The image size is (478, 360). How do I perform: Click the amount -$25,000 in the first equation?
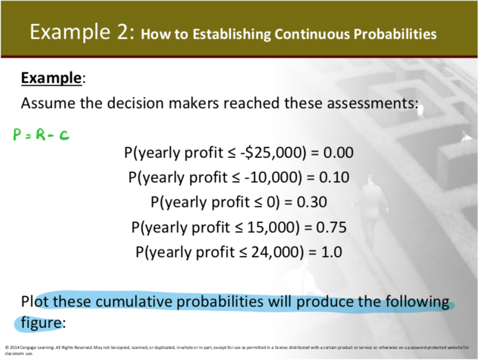pos(272,152)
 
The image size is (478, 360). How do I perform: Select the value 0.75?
pos(331,227)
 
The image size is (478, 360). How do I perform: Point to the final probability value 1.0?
pos(331,252)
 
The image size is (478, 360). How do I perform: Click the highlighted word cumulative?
pos(145,301)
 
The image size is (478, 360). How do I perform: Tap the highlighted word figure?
pos(41,322)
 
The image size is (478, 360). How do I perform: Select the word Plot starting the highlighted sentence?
pos(36,301)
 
